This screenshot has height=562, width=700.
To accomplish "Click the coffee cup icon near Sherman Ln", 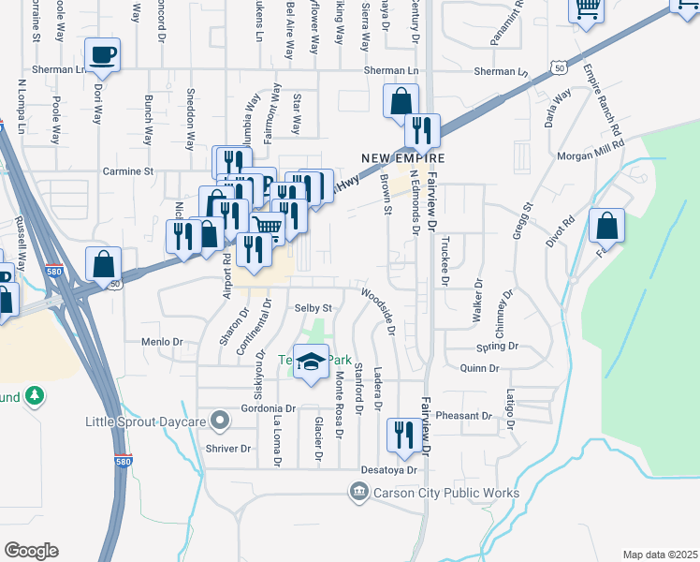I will (102, 54).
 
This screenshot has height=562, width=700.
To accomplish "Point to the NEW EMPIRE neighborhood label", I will (402, 157).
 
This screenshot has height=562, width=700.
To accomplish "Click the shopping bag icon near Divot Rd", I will (607, 225).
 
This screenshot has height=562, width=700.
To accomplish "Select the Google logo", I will (31, 551).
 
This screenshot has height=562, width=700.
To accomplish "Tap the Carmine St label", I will (127, 171).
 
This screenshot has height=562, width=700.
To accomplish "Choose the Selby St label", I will (314, 307).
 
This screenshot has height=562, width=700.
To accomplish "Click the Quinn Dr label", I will (480, 368).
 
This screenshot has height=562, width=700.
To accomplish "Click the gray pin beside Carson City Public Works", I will (358, 492).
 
